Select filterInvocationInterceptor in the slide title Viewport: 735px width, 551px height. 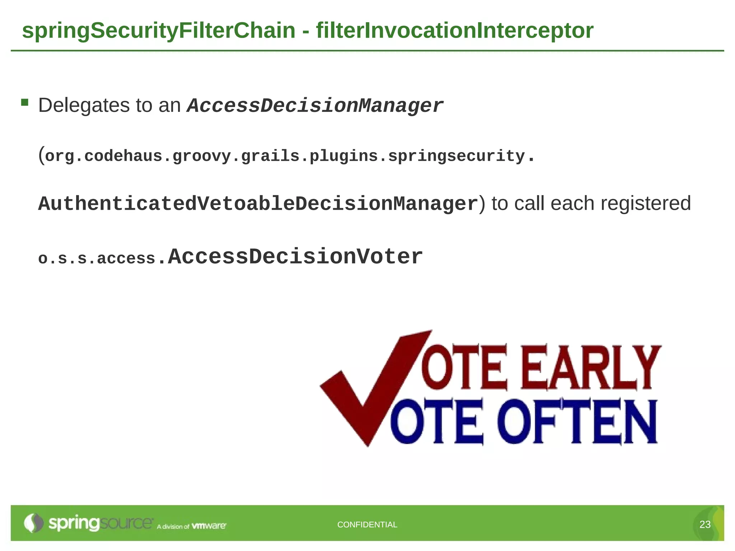(x=454, y=30)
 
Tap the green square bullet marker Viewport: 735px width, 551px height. (x=24, y=103)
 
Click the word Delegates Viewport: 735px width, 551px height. (x=84, y=105)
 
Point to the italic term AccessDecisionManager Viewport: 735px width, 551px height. (x=315, y=106)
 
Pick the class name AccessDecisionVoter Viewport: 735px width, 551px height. (x=295, y=257)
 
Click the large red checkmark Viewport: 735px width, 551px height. (x=373, y=387)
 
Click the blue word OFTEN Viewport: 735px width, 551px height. (x=577, y=422)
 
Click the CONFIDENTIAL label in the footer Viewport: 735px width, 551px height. (x=367, y=524)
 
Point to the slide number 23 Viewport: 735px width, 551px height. (x=705, y=524)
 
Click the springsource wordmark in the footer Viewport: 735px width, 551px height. (x=100, y=523)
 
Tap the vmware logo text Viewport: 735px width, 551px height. (x=209, y=526)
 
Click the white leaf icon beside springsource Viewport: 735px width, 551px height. (x=33, y=523)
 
